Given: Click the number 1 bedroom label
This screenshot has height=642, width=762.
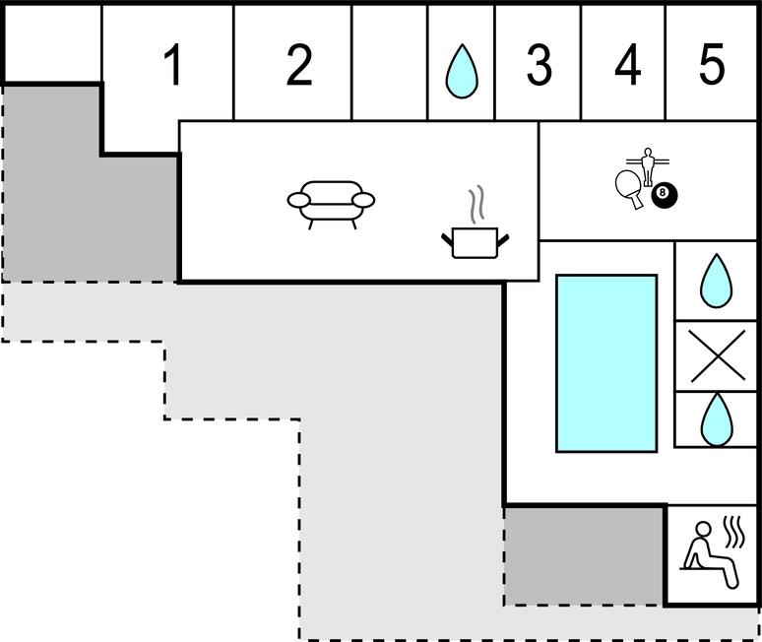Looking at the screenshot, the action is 173,64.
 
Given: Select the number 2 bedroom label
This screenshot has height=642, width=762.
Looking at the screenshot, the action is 299,64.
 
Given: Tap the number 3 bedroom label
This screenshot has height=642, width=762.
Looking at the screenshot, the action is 540,64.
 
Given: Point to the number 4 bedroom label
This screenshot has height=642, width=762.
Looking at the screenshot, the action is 627,64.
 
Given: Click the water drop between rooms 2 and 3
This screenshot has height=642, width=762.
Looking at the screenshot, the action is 462,71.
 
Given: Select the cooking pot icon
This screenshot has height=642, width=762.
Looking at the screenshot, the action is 475,242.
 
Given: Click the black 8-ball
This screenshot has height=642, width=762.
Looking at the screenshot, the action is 665,195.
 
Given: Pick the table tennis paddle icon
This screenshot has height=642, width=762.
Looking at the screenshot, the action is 630,189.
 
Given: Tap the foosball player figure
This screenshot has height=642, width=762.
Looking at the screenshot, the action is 648,166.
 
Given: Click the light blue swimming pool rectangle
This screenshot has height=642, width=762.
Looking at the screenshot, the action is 606,363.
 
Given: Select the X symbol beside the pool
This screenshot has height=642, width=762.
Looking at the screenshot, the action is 718,355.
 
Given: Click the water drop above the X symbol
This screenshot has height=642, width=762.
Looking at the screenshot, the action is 716,281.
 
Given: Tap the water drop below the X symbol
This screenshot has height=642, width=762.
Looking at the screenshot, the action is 717,419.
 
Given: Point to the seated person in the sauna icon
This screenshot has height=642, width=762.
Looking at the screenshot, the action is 710,554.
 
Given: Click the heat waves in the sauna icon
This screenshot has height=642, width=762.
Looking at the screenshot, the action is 733,532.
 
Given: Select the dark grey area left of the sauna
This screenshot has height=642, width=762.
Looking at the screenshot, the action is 584,556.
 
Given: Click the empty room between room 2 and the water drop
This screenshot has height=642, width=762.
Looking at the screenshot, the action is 389,62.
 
